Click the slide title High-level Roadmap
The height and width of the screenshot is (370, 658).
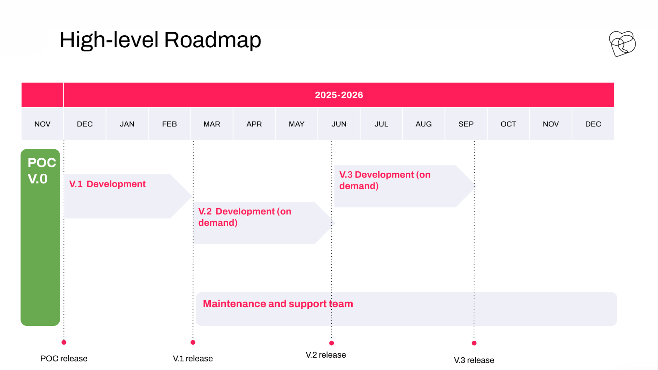point(160,40)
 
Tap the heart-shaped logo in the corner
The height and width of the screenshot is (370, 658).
point(622,44)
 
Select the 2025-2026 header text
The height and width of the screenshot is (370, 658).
point(339,95)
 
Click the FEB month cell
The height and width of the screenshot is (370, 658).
point(169,124)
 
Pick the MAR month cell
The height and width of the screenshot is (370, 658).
point(212,124)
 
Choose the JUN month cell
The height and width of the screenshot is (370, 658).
point(339,124)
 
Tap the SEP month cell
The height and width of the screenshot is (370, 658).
point(466,124)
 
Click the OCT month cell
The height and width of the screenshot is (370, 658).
point(508,124)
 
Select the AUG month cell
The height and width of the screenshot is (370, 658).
point(424,124)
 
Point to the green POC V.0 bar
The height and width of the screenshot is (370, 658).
point(40,240)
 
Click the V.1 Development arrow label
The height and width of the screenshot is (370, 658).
point(107,184)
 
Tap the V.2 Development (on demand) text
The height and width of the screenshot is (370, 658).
point(245,217)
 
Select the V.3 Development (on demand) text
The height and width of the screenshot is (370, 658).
point(385,180)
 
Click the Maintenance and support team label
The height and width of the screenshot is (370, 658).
point(278,304)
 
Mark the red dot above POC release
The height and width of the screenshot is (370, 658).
point(64,342)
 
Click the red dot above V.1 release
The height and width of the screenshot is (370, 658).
point(193,342)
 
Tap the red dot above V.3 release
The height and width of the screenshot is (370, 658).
point(474,343)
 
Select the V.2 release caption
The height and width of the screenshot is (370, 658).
point(326,355)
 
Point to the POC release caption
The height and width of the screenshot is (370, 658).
point(64,359)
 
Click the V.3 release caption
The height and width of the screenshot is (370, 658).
point(474,360)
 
